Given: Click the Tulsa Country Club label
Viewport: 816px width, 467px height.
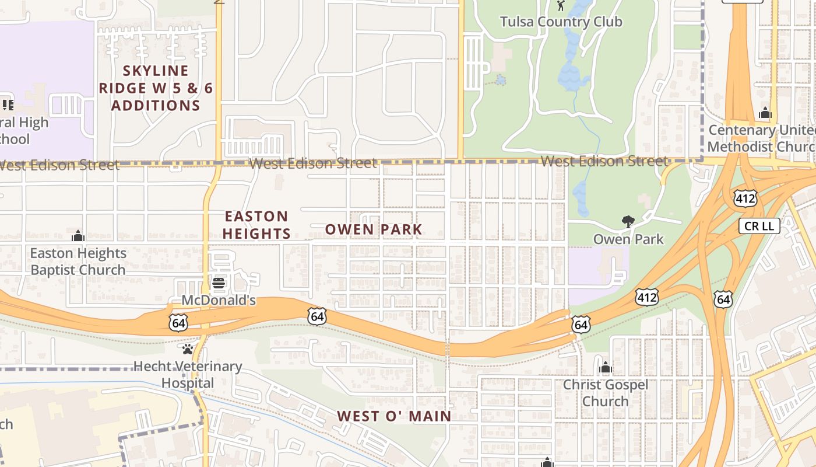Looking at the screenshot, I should pos(561,22).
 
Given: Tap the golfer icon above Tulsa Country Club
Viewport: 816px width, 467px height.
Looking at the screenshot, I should pos(561,6).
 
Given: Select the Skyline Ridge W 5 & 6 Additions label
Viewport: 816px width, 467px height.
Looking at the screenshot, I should pos(156,88).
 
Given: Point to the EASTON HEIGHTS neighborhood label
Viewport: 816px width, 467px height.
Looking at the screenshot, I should pos(257,225).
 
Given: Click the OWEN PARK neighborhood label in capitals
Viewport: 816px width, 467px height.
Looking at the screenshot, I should pos(373,229).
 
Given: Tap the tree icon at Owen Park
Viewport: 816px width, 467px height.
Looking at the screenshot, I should pos(628,222).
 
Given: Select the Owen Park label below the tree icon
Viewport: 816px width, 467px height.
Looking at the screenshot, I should pos(628,239).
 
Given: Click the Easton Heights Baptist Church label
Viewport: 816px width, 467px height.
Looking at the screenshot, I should pos(78,262).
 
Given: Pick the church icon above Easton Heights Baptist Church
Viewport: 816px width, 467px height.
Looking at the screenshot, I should pos(78,236).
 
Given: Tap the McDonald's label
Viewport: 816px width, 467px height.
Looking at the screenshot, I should pos(219,301).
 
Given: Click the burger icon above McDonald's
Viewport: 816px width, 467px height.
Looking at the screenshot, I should pos(219,284).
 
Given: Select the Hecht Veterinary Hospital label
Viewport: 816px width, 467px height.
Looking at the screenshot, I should pos(188,375).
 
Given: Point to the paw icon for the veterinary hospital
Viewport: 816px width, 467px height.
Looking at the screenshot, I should pos(188,349).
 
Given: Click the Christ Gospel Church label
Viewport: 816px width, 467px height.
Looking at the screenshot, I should pos(605,393).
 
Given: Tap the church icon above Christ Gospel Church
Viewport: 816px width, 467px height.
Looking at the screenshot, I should pos(605,367).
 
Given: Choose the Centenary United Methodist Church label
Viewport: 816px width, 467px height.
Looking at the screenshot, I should pos(762,138).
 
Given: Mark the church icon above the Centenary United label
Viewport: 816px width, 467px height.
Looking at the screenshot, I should pos(765,113).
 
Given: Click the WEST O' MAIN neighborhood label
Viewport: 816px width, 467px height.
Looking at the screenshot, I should pos(394,416).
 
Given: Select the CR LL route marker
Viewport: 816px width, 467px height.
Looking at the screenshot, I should pos(759,226).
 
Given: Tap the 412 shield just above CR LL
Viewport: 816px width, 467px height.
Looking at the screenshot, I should pos(745,198).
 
